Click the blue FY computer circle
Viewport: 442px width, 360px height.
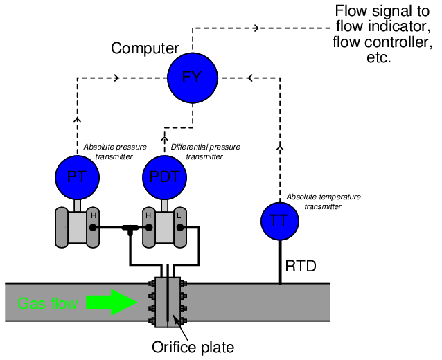192,77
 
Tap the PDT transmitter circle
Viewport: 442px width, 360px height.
164,177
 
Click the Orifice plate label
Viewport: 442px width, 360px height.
193,347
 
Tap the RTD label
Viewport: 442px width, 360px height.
301,266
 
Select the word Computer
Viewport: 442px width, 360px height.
145,48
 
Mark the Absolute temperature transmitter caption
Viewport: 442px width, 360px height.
323,201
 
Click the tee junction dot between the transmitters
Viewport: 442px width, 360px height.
129,228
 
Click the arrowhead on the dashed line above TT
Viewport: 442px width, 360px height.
280,147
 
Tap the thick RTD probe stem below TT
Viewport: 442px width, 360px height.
280,260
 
